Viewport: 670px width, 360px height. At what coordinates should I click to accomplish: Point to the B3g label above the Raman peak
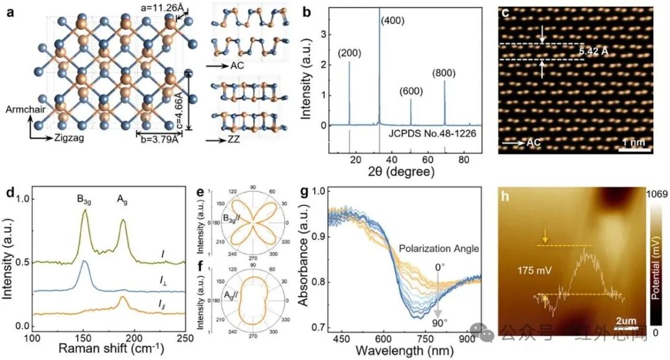pyautogui.click(x=85, y=199)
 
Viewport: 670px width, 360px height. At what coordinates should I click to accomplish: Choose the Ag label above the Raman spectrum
pyautogui.click(x=122, y=199)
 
